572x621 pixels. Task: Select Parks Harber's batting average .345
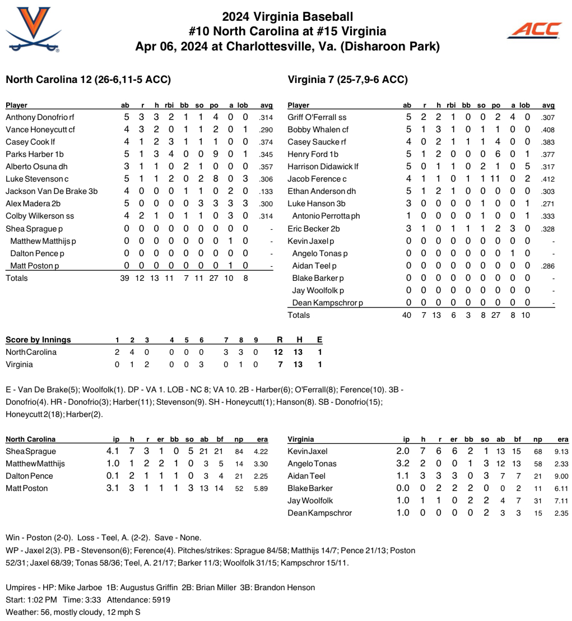[266, 154]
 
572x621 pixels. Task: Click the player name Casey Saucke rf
[317, 142]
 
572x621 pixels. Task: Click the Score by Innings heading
[38, 340]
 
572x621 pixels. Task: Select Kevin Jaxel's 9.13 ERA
[561, 451]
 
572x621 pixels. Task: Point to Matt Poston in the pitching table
[27, 488]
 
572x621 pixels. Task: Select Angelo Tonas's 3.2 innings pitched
[403, 464]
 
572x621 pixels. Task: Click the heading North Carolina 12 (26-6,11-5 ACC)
[88, 80]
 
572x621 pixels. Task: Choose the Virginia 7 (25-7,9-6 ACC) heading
[347, 80]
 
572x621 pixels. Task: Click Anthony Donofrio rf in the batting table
[40, 117]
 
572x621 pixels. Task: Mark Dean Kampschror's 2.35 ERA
[561, 513]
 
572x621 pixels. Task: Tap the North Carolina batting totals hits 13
[155, 278]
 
